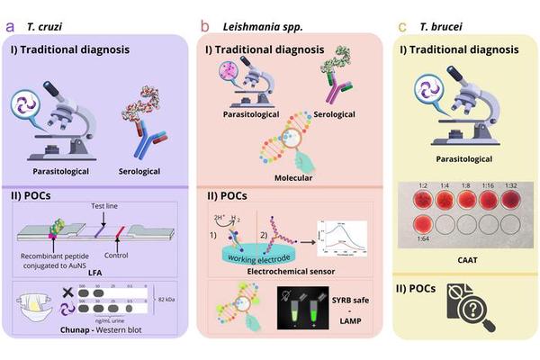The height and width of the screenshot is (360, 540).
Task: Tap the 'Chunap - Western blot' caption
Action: pos(103,330)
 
